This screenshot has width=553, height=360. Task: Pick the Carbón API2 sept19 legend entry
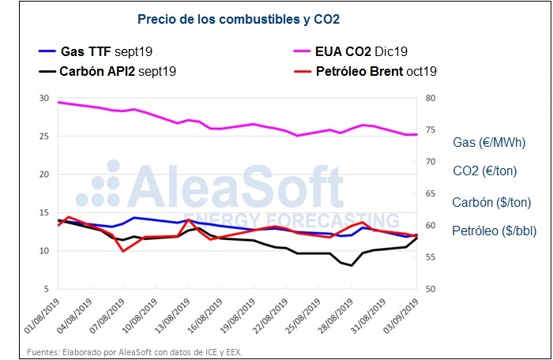point(117,71)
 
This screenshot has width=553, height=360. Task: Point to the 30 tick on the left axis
point(44,99)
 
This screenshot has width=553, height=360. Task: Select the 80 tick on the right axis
point(430,99)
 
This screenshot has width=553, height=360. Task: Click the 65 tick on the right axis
point(430,193)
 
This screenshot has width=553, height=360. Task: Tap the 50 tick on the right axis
point(430,289)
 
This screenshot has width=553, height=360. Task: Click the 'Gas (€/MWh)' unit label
point(487,143)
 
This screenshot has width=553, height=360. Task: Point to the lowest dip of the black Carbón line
point(352,265)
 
